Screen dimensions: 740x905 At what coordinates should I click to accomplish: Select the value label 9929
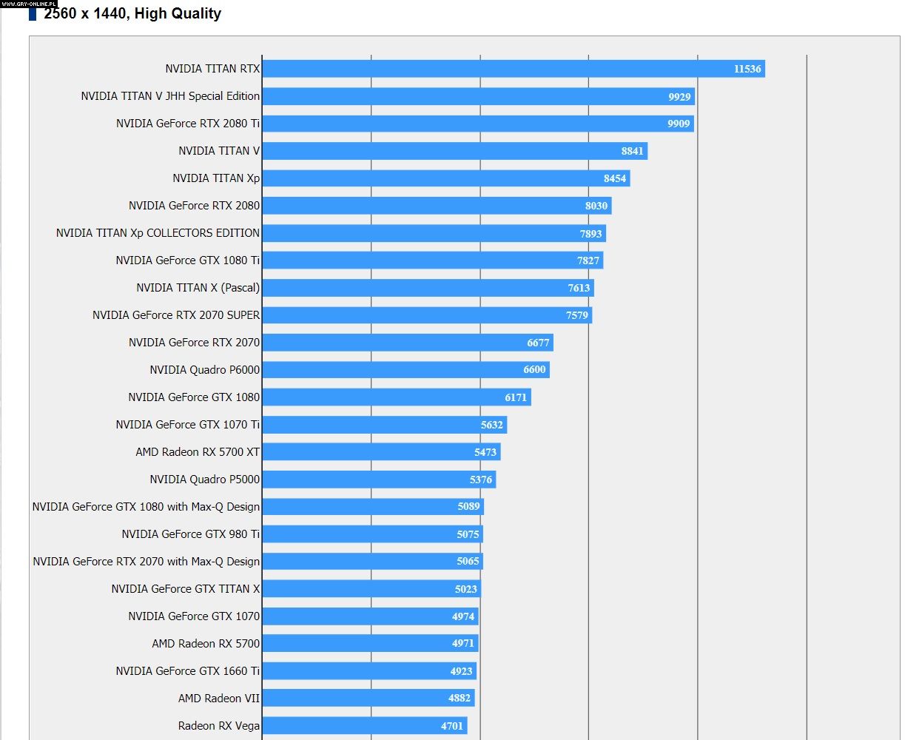(679, 96)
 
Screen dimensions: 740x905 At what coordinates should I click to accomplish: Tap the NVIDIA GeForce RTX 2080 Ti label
(188, 124)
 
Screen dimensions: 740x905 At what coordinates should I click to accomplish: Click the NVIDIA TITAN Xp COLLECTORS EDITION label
(158, 233)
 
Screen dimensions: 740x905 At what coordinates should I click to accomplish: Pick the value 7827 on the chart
(588, 260)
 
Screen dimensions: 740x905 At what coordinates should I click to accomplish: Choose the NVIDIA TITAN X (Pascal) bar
(428, 288)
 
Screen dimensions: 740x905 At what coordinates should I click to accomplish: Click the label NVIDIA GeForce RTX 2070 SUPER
(176, 315)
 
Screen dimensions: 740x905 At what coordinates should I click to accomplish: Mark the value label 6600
(534, 370)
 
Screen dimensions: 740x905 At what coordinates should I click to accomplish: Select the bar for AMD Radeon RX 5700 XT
(381, 452)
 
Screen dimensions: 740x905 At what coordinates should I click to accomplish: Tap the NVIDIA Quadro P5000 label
(204, 480)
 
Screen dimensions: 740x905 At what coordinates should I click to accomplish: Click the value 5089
(468, 507)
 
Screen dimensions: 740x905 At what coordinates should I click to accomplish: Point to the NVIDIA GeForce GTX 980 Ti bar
(372, 534)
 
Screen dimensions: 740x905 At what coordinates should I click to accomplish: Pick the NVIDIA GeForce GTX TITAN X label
(186, 589)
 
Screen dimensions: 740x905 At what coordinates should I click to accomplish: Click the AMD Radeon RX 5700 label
(206, 644)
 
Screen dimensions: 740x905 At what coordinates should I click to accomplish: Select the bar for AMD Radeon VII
(368, 699)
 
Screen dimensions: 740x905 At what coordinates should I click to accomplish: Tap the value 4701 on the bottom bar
(451, 726)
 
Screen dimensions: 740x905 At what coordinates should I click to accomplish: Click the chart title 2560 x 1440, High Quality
(132, 13)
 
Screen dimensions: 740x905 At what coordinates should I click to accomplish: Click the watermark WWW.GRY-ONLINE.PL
(29, 4)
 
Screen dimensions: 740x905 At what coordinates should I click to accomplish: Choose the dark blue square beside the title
(33, 14)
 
